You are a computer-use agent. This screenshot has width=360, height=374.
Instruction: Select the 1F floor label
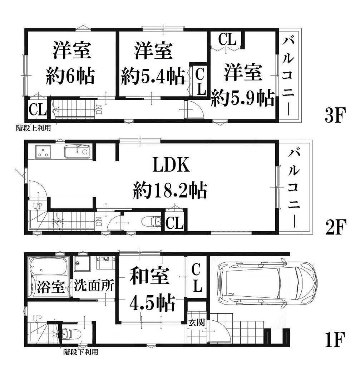point(335,340)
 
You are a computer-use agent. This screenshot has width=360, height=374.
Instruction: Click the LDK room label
point(171,164)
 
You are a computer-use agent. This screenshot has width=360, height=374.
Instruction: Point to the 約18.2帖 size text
point(170,190)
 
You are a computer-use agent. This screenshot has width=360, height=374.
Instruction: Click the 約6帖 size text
point(70,76)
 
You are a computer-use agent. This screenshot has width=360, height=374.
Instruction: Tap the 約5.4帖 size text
point(153,76)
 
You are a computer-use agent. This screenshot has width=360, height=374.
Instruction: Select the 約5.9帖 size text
point(243,98)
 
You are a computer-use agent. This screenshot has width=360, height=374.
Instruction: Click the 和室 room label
point(149,276)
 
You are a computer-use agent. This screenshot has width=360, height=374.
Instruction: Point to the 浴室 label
point(51,286)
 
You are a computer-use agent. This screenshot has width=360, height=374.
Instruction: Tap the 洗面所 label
point(94,285)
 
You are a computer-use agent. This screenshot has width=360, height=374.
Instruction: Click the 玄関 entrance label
point(197,322)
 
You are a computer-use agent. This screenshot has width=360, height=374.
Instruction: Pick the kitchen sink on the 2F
point(77,151)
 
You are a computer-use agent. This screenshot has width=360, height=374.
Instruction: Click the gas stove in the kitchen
point(43,152)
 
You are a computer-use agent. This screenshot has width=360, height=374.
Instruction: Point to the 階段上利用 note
point(34,128)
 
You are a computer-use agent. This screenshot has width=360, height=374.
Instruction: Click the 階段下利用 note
point(81,352)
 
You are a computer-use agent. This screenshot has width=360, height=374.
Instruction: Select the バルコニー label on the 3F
point(289,76)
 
